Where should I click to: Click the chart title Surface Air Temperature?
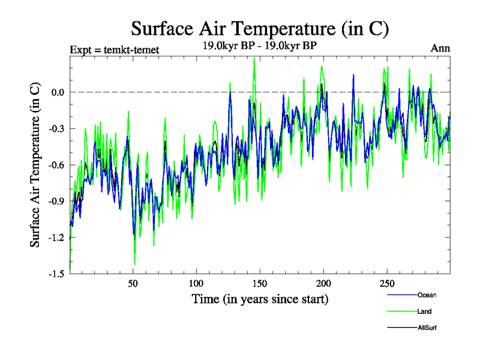pos(260,28)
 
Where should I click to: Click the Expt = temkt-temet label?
pos(115,50)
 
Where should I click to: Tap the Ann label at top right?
pos(440,49)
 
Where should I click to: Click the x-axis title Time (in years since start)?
pos(260,299)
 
